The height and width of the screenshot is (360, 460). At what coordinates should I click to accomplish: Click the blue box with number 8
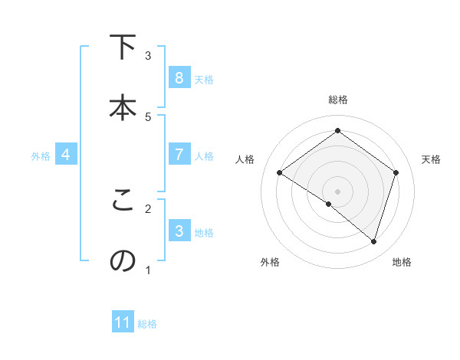pos(179,78)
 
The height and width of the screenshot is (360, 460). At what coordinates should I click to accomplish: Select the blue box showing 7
pos(179,155)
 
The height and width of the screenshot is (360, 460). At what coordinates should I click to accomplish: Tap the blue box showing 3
pos(179,231)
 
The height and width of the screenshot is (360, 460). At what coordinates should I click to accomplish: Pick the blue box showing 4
pos(66,155)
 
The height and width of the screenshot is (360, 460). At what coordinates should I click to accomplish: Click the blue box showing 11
pos(123,322)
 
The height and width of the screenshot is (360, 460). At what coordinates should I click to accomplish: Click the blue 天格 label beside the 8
pos(204,79)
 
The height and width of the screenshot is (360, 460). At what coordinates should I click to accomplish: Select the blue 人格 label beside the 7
pos(204,155)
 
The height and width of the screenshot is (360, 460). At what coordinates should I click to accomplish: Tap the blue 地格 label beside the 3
pos(204,232)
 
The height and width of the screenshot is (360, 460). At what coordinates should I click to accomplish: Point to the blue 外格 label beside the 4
pos(41,155)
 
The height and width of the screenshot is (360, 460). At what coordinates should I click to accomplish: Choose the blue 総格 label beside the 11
pos(147,323)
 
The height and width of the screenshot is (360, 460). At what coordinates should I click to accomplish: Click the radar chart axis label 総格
pos(338,100)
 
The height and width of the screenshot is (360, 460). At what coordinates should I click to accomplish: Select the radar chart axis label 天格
pos(431,159)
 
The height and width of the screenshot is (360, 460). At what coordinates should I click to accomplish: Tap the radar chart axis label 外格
pos(270,262)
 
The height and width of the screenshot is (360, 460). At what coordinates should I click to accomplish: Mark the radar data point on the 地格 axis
pos(373,241)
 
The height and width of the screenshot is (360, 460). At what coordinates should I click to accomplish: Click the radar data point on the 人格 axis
pos(279,173)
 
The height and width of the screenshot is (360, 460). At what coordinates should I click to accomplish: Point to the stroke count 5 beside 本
pos(148,116)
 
